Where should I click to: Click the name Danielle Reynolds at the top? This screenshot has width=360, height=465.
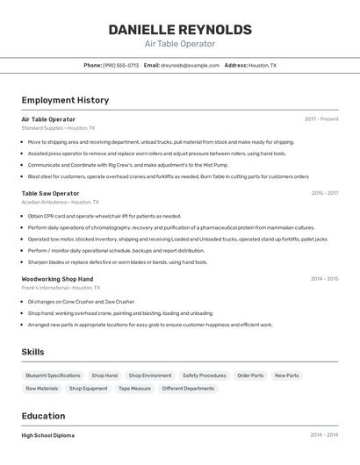pyautogui.click(x=179, y=30)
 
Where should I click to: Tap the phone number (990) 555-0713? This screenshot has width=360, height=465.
pyautogui.click(x=120, y=65)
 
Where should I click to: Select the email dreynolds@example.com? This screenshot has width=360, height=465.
pyautogui.click(x=190, y=65)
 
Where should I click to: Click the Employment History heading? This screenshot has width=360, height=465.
pyautogui.click(x=65, y=100)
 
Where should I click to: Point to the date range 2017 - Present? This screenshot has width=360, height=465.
pyautogui.click(x=321, y=118)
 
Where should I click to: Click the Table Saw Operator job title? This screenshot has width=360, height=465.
pyautogui.click(x=50, y=193)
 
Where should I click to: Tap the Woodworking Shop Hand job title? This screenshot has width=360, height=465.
pyautogui.click(x=57, y=279)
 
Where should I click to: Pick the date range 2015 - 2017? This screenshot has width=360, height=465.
pyautogui.click(x=324, y=193)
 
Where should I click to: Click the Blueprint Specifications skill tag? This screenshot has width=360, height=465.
pyautogui.click(x=53, y=376)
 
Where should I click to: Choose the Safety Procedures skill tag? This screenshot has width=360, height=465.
pyautogui.click(x=204, y=376)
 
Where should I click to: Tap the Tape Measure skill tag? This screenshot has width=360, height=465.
pyautogui.click(x=134, y=388)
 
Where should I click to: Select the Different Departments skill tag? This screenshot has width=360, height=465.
pyautogui.click(x=188, y=388)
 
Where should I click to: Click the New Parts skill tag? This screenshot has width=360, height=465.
pyautogui.click(x=286, y=376)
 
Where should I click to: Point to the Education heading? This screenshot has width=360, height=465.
pyautogui.click(x=43, y=416)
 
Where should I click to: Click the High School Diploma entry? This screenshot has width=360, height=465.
pyautogui.click(x=47, y=435)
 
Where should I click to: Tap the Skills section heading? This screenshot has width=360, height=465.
pyautogui.click(x=32, y=352)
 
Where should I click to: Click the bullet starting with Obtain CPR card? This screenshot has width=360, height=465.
pyautogui.click(x=104, y=216)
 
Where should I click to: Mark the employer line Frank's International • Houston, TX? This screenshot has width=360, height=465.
pyautogui.click(x=61, y=287)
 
